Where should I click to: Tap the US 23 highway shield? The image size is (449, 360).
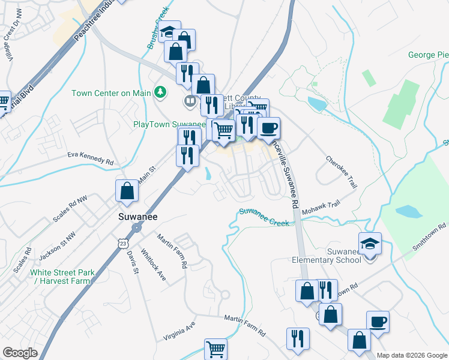point(123,244)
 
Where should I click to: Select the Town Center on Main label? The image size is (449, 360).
point(111,93)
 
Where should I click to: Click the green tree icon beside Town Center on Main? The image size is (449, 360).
point(160,92)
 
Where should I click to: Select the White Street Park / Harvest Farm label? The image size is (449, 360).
point(62,277)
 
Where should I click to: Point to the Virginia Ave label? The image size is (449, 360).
point(179,331)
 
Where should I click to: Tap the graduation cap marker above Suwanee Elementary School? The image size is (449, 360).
point(370,244)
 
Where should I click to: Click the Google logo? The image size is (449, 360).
point(20,353)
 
